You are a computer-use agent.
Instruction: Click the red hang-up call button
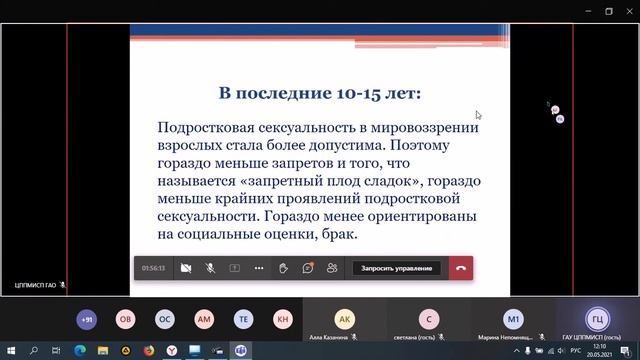tap(460, 268)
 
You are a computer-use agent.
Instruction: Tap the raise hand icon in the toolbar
tap(284, 268)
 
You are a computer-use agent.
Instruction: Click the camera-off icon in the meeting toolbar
tap(185, 268)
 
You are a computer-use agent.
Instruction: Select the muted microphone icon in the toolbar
tap(210, 268)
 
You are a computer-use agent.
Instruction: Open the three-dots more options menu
tap(259, 268)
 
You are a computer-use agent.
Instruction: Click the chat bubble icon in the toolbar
tap(308, 268)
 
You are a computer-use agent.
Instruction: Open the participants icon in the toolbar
tap(332, 268)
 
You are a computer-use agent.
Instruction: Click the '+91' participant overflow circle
tap(87, 318)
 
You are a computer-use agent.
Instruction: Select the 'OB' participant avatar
tap(126, 318)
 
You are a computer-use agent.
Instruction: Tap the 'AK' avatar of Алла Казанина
tap(344, 318)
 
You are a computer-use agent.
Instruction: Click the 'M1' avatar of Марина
tap(513, 318)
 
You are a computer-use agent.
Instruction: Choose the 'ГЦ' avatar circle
tap(597, 318)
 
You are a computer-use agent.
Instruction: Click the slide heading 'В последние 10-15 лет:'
tap(320, 94)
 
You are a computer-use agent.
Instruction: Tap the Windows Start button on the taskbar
tap(9, 351)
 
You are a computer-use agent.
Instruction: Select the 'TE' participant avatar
tap(243, 318)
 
